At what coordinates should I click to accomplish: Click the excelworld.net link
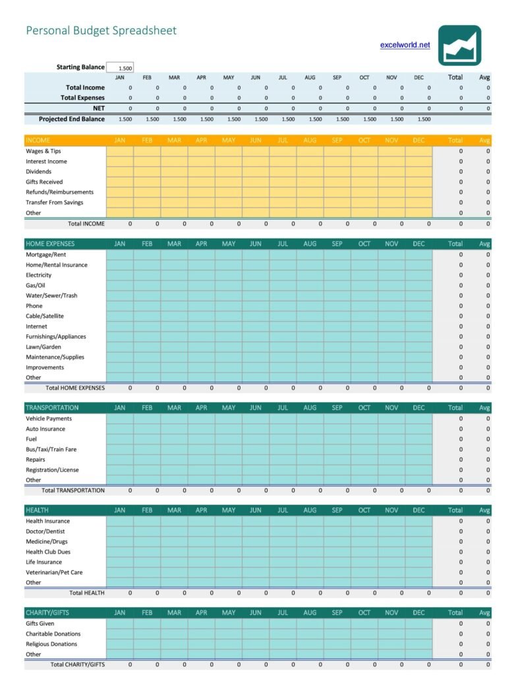point(405,45)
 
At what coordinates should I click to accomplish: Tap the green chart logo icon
point(459,45)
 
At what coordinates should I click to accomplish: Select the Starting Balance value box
point(120,68)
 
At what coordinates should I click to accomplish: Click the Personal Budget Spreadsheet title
point(101,30)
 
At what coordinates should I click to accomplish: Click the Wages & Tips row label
point(43,151)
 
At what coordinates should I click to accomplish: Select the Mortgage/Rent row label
point(45,254)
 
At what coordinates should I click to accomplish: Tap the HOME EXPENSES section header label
point(50,244)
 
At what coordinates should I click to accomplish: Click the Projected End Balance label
point(71,119)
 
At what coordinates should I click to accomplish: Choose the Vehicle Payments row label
point(49,419)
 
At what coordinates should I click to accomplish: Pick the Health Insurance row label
point(47,521)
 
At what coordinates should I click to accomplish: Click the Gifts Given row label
point(40,624)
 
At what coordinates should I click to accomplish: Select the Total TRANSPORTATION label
point(73,490)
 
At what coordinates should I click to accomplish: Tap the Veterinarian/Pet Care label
point(54,572)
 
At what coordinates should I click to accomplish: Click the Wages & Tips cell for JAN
point(120,151)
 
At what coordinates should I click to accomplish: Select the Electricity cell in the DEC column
point(418,275)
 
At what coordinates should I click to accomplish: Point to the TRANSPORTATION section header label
point(52,408)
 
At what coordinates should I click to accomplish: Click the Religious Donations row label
point(51,644)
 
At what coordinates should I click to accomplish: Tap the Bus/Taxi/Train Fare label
point(51,450)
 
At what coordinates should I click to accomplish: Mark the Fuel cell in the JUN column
point(256,439)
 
